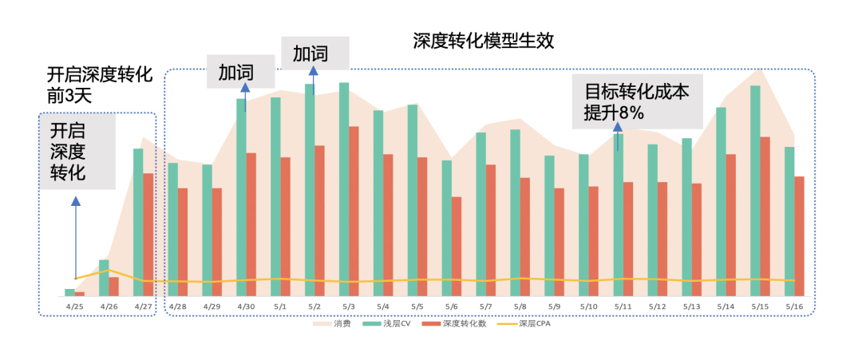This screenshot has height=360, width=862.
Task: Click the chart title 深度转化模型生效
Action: [x=483, y=40]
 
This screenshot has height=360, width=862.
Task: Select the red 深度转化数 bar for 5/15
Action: [x=765, y=216]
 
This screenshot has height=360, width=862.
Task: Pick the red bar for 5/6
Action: [x=456, y=246]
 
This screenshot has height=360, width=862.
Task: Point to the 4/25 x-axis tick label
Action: [x=75, y=306]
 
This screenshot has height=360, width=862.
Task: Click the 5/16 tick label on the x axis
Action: [x=794, y=306]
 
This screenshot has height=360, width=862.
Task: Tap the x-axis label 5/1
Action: [x=280, y=306]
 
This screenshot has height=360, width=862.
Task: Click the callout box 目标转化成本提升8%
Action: [x=637, y=101]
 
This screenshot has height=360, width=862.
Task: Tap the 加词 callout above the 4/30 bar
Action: [x=240, y=72]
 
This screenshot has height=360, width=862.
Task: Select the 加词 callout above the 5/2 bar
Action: [x=314, y=53]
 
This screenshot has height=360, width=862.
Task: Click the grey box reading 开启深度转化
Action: [x=77, y=152]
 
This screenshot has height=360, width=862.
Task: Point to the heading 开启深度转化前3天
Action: [x=97, y=85]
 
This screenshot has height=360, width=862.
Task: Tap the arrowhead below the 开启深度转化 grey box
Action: [x=76, y=203]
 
